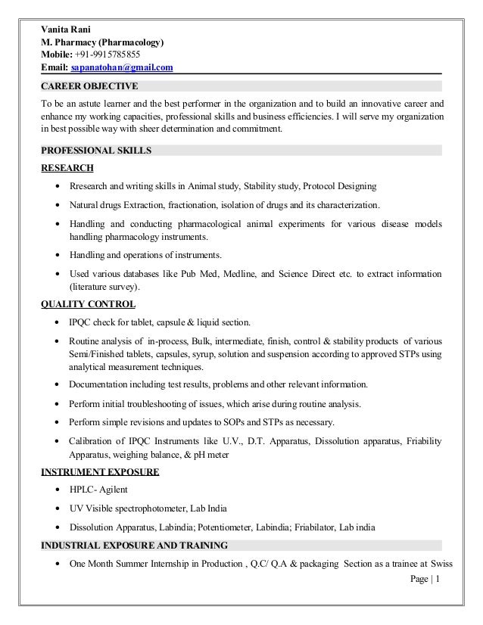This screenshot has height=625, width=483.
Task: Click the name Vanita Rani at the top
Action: [65, 30]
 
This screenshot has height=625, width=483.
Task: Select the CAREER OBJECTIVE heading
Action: [89, 85]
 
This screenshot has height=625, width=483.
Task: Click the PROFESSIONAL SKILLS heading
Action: [95, 151]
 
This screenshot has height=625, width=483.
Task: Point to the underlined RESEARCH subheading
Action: [67, 167]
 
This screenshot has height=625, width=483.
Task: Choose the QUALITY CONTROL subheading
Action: [88, 304]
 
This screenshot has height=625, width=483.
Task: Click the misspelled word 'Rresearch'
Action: [91, 186]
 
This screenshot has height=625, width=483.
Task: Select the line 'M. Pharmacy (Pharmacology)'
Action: [101, 42]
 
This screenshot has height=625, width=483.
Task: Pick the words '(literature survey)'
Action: [104, 287]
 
